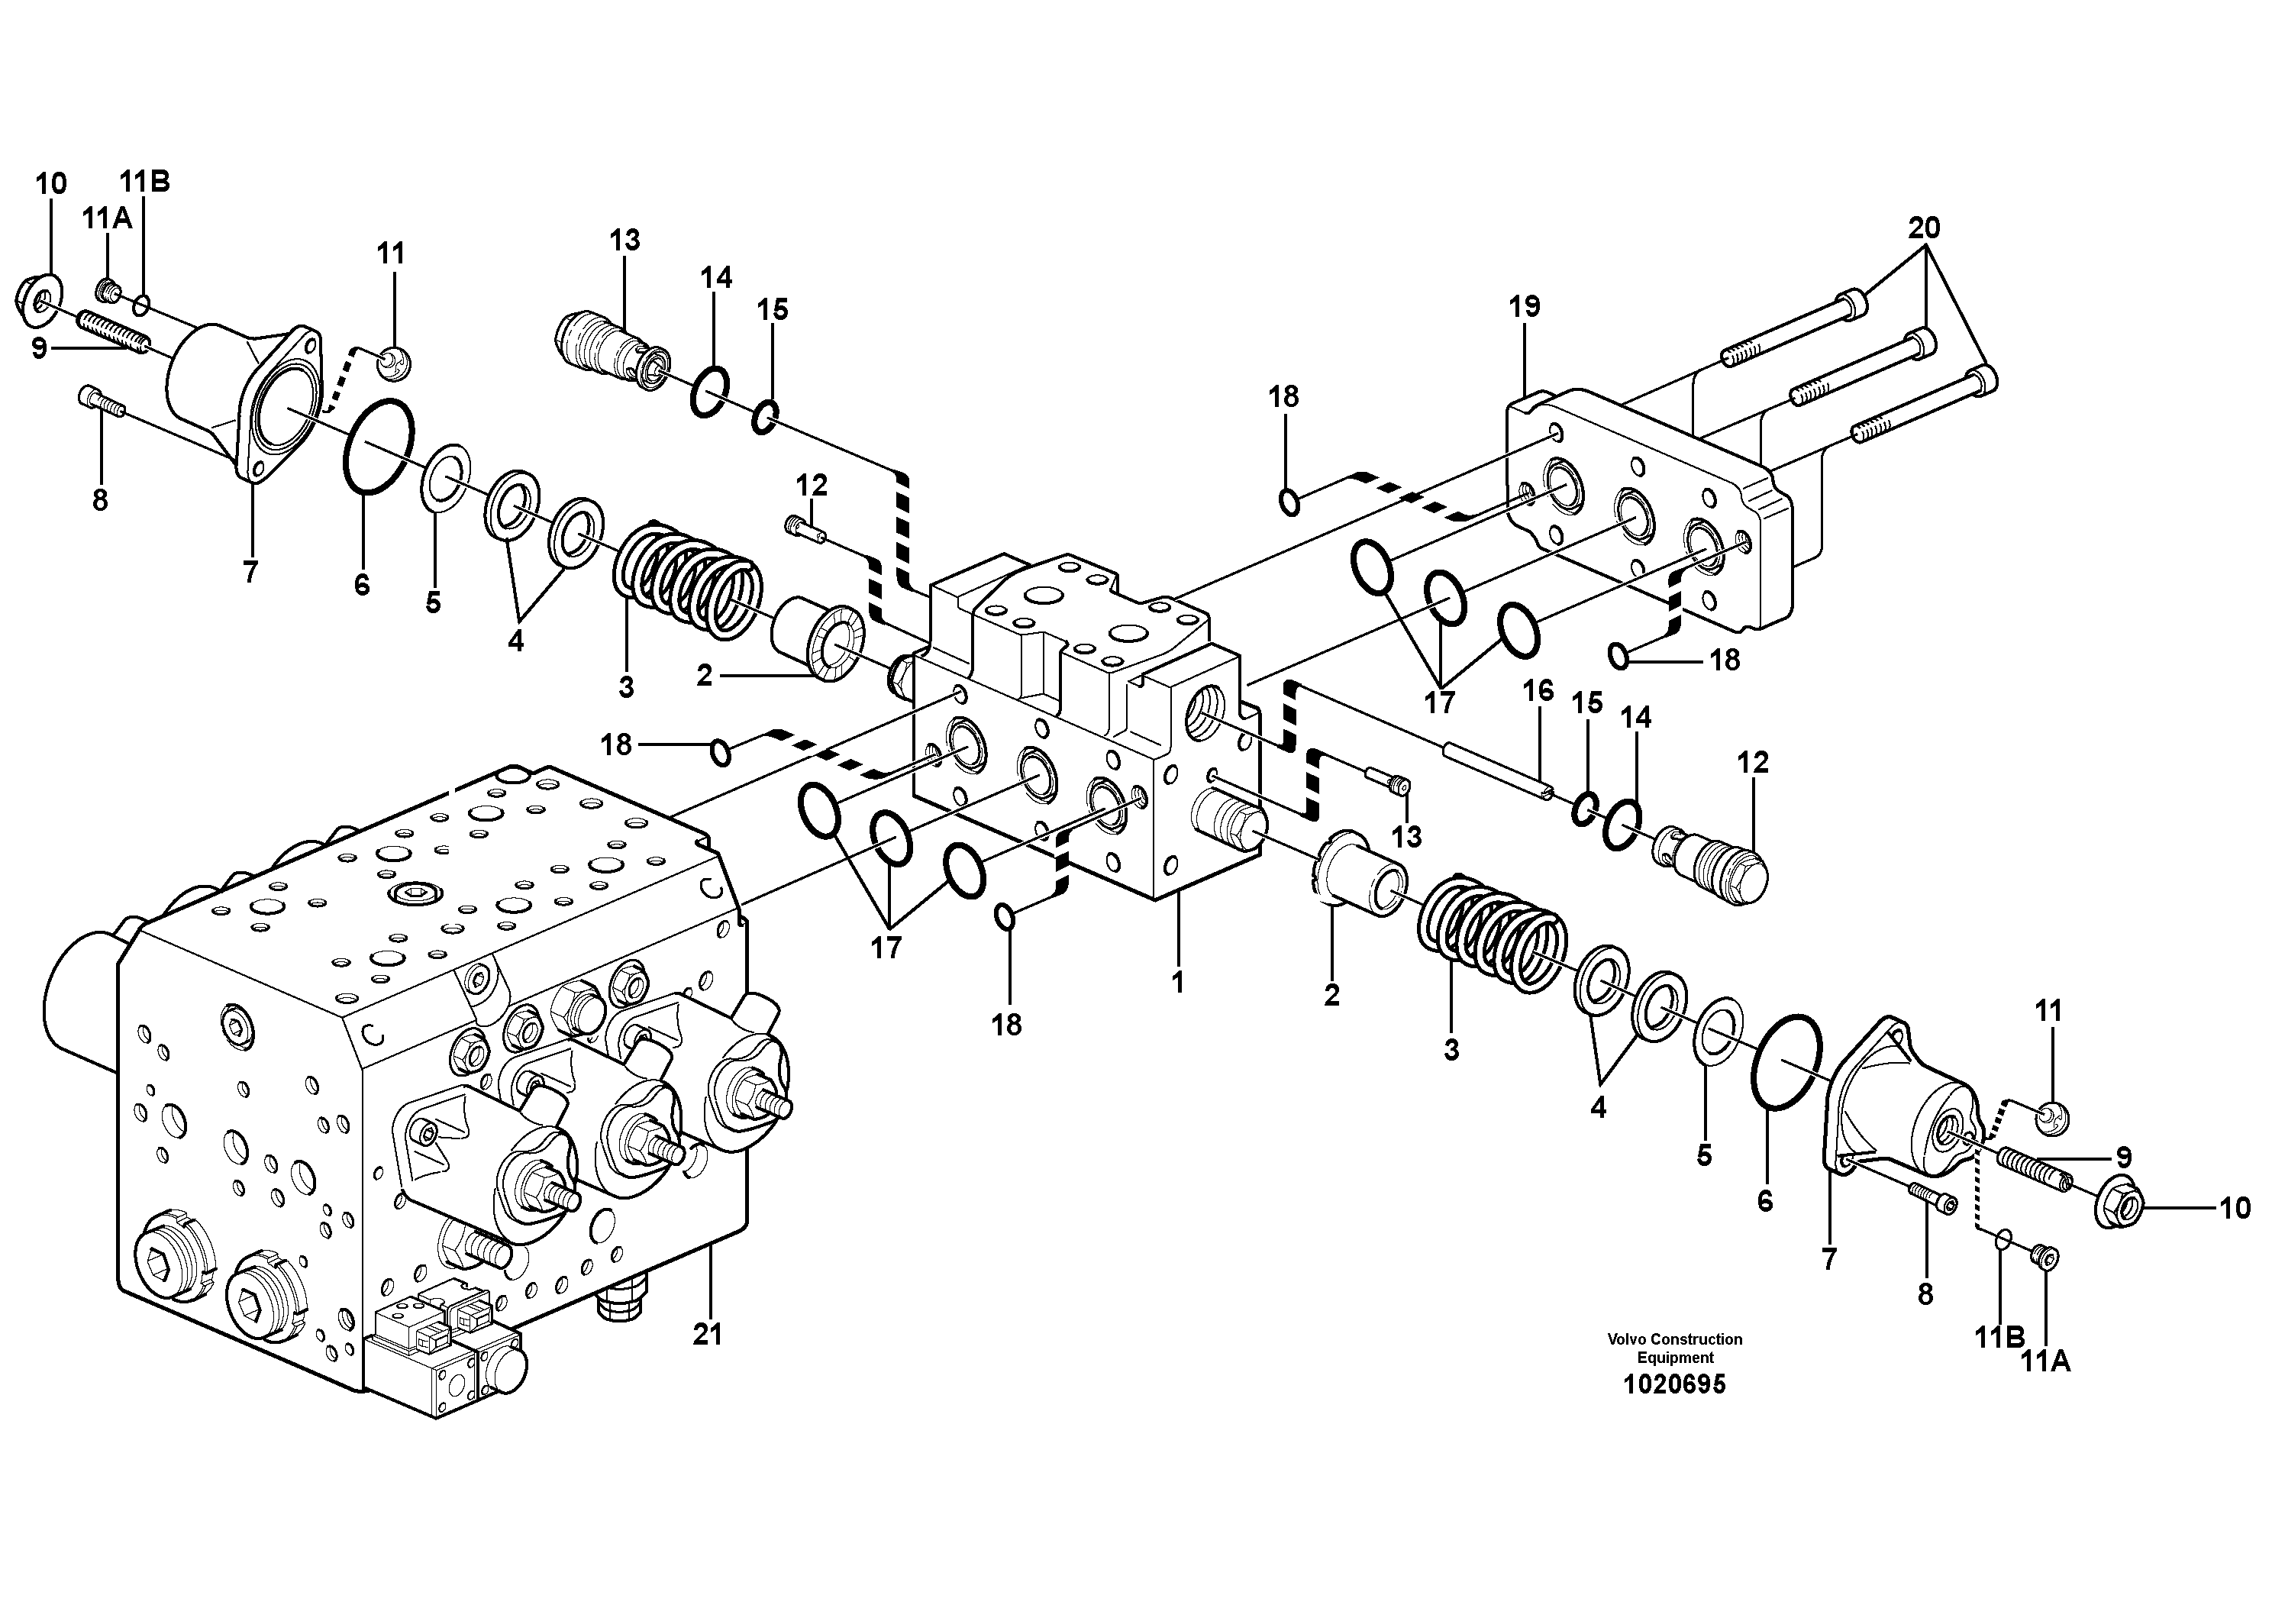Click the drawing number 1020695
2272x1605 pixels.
click(1674, 1384)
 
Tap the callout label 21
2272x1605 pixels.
click(708, 1335)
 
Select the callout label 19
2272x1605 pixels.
click(1524, 307)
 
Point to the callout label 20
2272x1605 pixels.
click(1924, 228)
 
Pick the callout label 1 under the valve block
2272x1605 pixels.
click(1177, 983)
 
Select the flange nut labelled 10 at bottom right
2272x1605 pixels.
click(2119, 1207)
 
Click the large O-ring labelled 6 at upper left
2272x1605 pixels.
click(379, 444)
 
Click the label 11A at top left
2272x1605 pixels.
click(107, 218)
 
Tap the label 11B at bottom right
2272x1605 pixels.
click(1999, 1338)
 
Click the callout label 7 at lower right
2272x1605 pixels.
click(1828, 1261)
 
